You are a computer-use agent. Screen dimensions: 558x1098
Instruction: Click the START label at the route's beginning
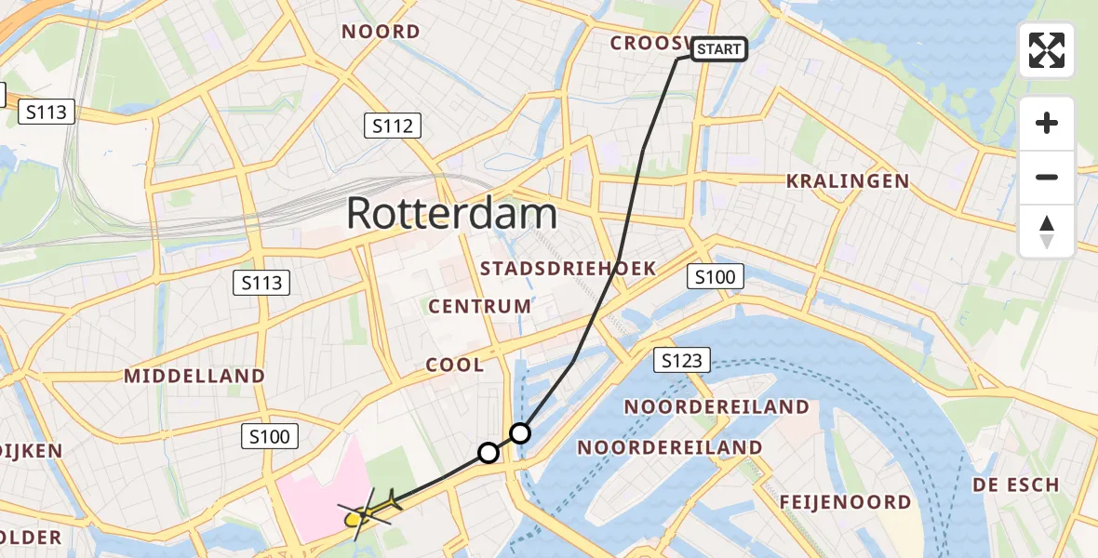719,49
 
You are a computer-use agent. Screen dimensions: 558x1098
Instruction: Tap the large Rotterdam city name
451,214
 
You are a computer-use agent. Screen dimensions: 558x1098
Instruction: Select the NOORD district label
381,32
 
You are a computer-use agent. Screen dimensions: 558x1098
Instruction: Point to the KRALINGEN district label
848,181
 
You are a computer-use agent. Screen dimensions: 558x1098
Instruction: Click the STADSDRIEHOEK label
568,269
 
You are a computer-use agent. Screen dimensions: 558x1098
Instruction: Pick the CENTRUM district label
480,306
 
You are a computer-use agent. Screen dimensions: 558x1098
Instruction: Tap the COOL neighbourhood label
455,365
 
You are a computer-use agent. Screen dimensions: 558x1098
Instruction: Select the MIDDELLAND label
195,377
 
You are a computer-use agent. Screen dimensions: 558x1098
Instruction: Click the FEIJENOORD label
846,502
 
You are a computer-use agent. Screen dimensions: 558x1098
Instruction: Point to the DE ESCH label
1016,485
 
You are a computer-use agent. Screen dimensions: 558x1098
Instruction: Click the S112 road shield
392,126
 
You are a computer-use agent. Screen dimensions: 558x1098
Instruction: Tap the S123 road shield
682,360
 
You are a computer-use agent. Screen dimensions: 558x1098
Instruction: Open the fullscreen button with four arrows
1047,50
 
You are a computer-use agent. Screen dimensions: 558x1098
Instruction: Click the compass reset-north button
1047,232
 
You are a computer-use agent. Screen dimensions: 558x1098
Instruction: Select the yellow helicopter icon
371,510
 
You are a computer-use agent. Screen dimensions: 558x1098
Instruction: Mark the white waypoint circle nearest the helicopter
489,453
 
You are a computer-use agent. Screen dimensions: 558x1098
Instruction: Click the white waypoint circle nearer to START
520,433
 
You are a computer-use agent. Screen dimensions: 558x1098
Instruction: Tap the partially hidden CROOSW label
650,44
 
